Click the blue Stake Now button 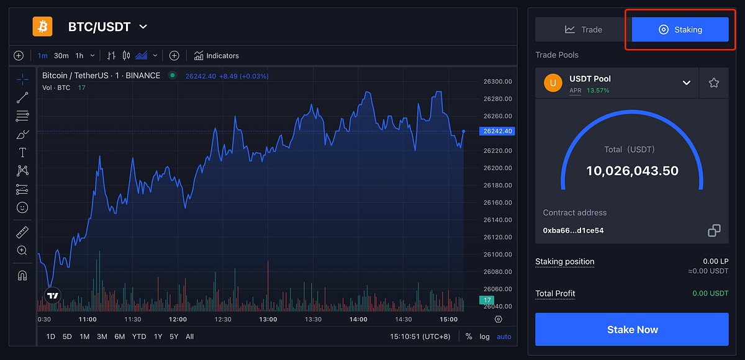(x=631, y=330)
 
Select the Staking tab (x=680, y=29)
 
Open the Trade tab (x=583, y=29)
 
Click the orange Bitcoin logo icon (x=43, y=26)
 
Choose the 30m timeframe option (x=61, y=56)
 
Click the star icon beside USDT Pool (x=713, y=83)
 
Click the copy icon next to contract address (x=714, y=230)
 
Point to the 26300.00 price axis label (x=497, y=81)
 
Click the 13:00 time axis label (x=268, y=319)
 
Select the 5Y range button (x=174, y=336)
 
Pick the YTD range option (x=139, y=336)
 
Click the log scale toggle (x=484, y=336)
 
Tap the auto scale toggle (x=503, y=336)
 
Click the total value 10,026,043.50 (x=632, y=171)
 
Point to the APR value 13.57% (x=598, y=91)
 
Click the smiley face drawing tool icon (x=22, y=207)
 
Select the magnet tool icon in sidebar (x=22, y=275)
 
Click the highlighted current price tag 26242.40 (x=497, y=131)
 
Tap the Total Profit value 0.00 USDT (x=710, y=294)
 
